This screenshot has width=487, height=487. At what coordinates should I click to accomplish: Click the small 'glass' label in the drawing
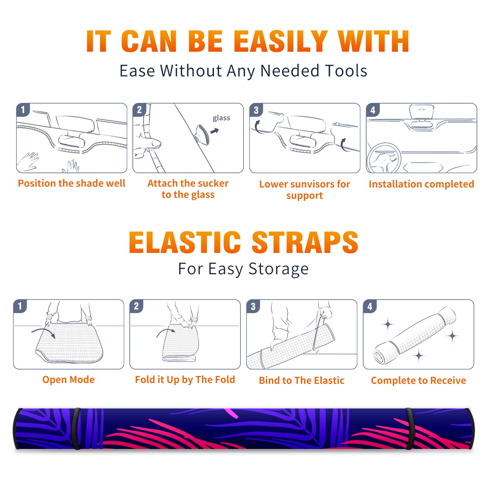pos(221,118)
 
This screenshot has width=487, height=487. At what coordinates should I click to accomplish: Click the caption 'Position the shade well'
pos(72,183)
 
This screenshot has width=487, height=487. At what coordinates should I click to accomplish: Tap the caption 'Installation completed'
pos(421,184)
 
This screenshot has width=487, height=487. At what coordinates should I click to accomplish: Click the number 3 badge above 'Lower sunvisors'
pos(256,110)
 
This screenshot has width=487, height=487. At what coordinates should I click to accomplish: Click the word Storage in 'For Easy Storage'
pos(279,269)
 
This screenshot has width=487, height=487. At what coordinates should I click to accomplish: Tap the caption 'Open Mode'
pos(68,380)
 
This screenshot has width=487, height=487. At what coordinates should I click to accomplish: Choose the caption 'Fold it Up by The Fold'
pos(185,380)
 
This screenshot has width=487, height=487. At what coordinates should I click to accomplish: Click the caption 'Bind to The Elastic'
pos(302,380)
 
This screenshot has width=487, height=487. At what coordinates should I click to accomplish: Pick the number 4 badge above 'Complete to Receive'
pos(370,306)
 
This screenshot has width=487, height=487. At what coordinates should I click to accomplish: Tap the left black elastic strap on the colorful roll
pos(77,429)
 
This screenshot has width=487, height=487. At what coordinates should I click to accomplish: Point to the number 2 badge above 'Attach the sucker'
pos(139,110)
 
